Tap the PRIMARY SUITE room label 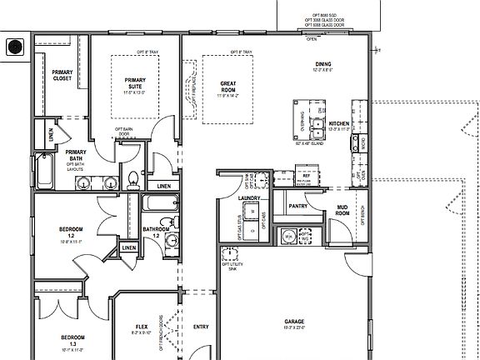point(136,83)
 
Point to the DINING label point(322,66)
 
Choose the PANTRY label point(298,205)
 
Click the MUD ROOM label point(342,211)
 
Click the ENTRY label point(201,327)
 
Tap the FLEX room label point(142,327)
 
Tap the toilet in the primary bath point(133,177)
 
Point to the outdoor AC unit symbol point(14,47)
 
